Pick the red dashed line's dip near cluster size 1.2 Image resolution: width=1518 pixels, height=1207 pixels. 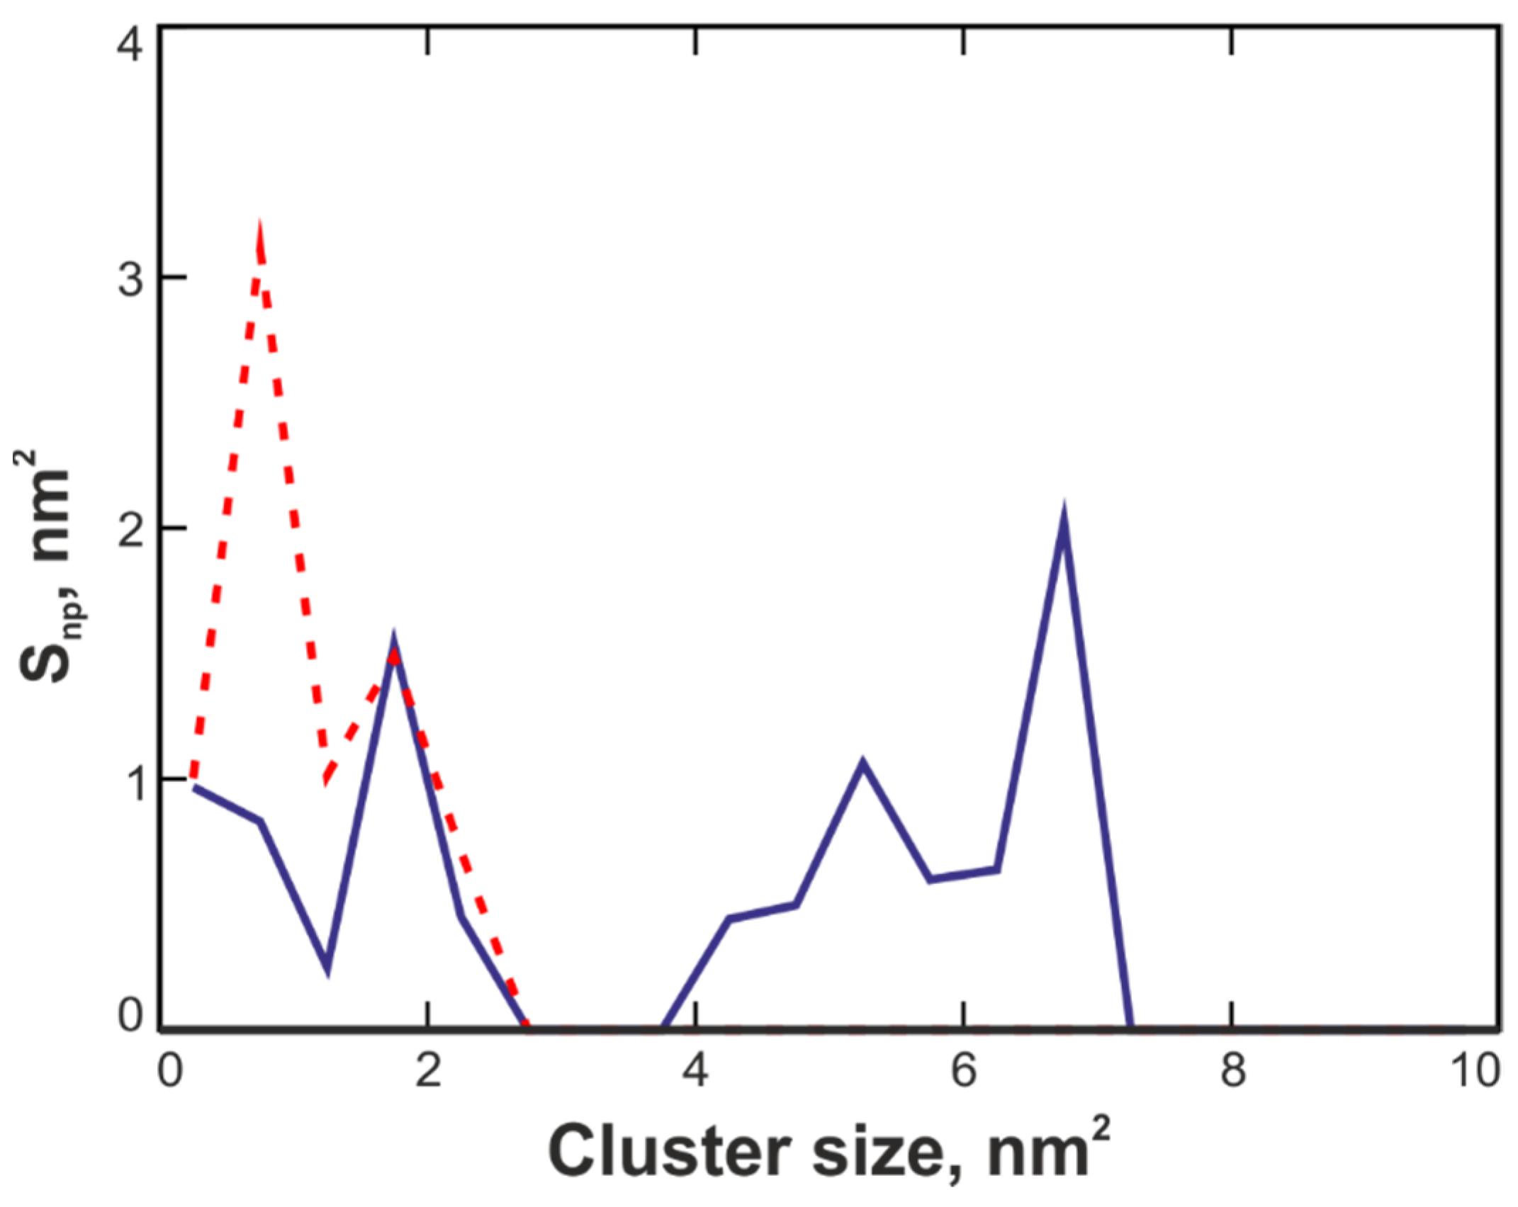(325, 779)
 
